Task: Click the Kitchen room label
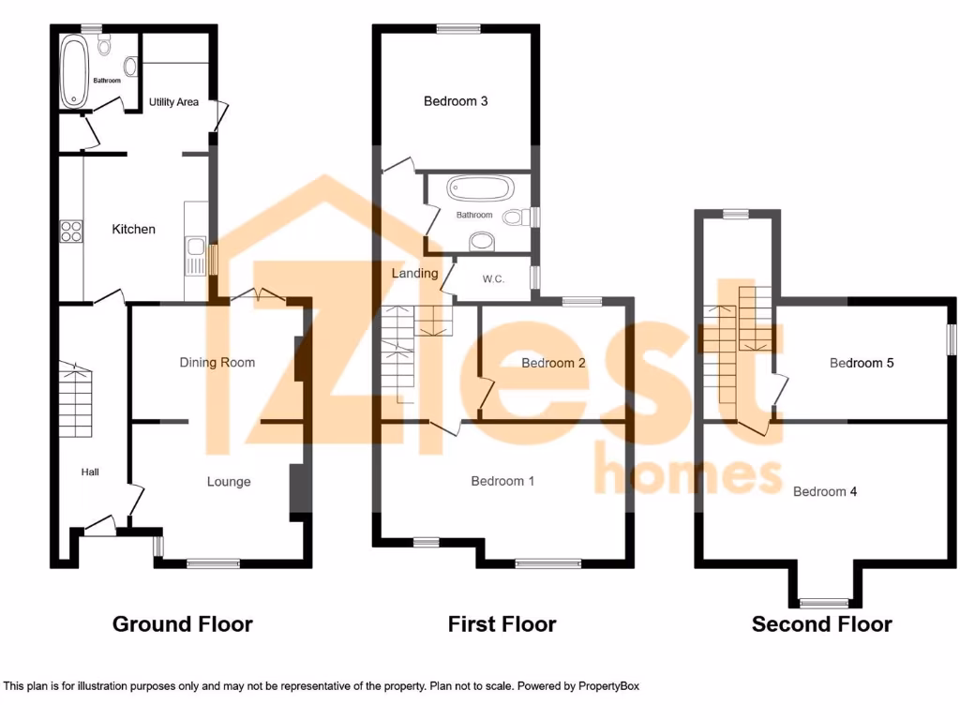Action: tap(133, 229)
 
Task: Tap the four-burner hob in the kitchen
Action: tap(71, 231)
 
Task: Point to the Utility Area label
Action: tap(173, 102)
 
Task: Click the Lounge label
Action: tap(229, 481)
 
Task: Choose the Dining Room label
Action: tap(217, 362)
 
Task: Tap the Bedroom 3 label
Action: tap(456, 101)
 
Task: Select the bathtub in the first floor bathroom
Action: tap(480, 188)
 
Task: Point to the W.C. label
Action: tap(494, 278)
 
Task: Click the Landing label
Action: tap(414, 274)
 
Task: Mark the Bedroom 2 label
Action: tap(553, 363)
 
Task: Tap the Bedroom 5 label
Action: tap(862, 363)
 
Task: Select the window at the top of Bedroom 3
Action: tap(457, 28)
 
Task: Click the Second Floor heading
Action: tap(821, 623)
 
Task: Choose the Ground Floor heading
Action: tap(182, 623)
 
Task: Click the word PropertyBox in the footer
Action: tap(608, 686)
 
